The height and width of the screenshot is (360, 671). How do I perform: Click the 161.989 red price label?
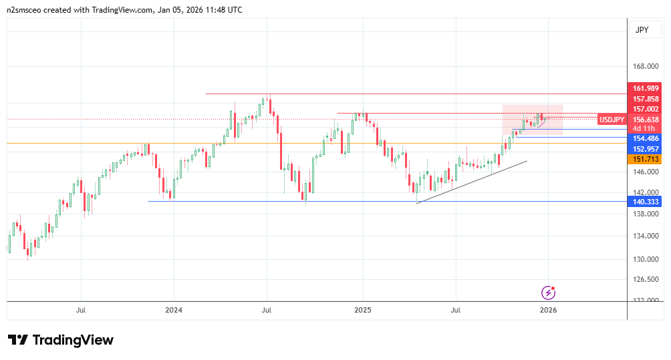[x=646, y=88]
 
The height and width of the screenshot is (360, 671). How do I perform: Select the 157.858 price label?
[x=646, y=99]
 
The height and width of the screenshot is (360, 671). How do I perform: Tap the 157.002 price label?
[x=646, y=109]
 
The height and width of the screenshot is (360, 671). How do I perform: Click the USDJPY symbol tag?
[x=612, y=120]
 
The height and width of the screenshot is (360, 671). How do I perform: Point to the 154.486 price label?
[x=646, y=138]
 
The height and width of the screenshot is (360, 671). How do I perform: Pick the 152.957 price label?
[x=646, y=149]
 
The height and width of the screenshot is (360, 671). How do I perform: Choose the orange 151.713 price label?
[x=646, y=159]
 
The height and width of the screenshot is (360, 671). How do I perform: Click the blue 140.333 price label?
[x=646, y=201]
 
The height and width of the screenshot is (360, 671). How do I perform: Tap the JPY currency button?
[x=642, y=29]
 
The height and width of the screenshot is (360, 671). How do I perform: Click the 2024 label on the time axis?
[x=173, y=310]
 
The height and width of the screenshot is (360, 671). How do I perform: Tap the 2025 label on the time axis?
[x=362, y=310]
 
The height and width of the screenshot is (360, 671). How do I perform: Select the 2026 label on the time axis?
[x=548, y=310]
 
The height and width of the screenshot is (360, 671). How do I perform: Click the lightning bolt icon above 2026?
[x=548, y=292]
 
